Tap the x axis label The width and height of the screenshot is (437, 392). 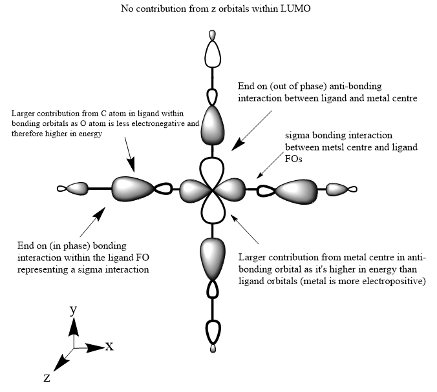click(109, 346)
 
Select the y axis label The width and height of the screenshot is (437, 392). click(73, 310)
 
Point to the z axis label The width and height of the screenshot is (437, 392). click(47, 378)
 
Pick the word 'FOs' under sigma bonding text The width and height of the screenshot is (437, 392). click(293, 159)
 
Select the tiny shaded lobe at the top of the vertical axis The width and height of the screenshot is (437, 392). click(213, 36)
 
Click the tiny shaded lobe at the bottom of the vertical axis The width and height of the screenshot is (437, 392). click(213, 349)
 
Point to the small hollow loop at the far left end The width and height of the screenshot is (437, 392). click(61, 189)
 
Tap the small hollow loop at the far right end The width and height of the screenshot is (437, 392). click(352, 189)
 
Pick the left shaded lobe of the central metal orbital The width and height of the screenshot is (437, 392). click(195, 190)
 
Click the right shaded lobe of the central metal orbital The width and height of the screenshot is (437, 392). click(229, 189)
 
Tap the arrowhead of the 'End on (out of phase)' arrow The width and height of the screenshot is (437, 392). click(238, 145)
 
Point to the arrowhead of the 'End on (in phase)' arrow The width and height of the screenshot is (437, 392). click(100, 213)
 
